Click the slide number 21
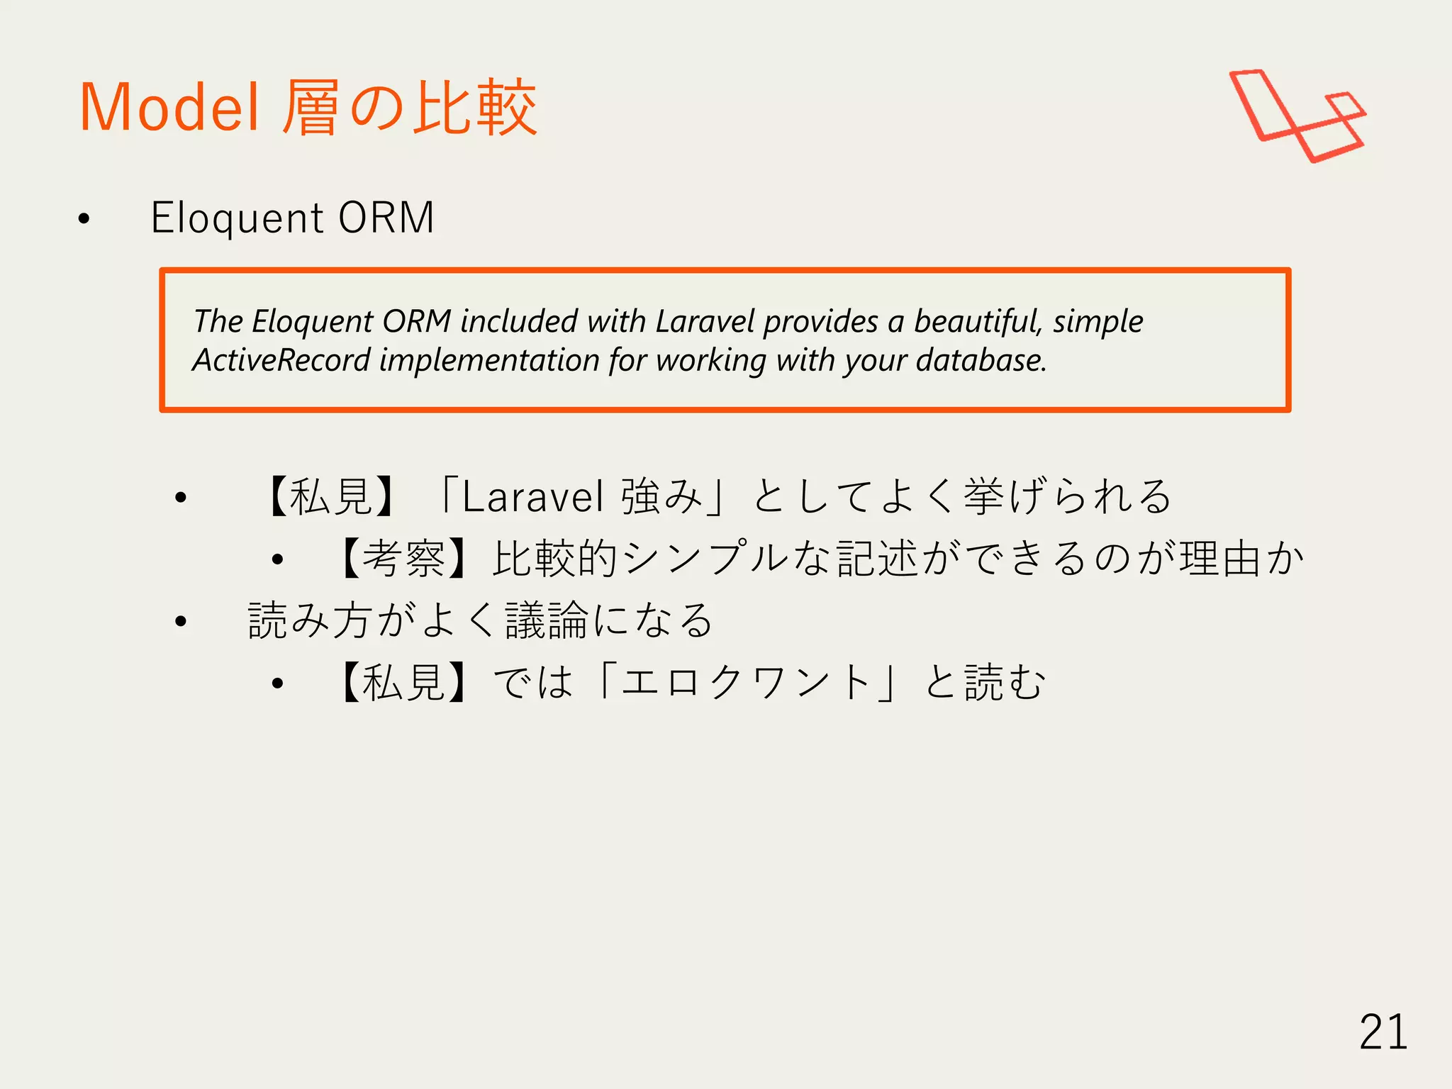click(x=1383, y=1032)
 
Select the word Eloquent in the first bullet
click(x=238, y=218)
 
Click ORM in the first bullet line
click(x=386, y=218)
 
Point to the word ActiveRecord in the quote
click(x=281, y=360)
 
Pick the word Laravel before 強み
click(x=532, y=496)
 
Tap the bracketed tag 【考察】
click(x=404, y=558)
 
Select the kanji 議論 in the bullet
click(x=547, y=620)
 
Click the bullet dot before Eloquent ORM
click(x=84, y=219)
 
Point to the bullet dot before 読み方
click(x=181, y=622)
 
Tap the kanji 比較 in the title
click(x=475, y=108)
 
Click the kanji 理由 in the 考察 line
click(x=1221, y=558)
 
